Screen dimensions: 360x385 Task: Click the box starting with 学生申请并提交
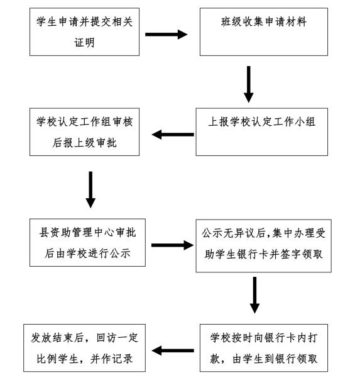coord(84,31)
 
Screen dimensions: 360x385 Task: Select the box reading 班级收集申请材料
coord(264,31)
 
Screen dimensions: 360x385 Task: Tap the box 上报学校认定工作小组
coord(261,132)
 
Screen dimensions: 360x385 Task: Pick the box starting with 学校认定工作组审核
coord(84,132)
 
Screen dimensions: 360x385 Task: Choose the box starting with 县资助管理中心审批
coord(87,243)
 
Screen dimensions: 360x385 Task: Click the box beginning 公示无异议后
coord(264,246)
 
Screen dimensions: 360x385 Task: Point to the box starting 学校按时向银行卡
coord(264,348)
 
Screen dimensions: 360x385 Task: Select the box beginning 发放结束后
coord(84,348)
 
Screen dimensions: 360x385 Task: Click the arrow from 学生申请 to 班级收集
coord(166,35)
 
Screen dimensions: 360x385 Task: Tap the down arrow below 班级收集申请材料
coord(249,84)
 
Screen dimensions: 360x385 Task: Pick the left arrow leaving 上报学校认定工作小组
coord(173,135)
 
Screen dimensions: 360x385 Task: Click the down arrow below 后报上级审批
coord(90,189)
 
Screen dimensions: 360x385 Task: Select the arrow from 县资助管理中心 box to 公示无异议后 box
coord(172,245)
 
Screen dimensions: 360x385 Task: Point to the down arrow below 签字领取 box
coord(255,295)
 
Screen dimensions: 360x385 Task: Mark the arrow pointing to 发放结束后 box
coord(173,350)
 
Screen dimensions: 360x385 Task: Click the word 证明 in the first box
coord(84,43)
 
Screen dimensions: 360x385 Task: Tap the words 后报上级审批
coord(84,143)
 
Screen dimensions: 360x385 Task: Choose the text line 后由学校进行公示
coord(87,254)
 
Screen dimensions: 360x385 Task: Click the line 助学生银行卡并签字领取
coord(264,254)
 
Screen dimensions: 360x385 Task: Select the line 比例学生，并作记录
coord(85,359)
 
